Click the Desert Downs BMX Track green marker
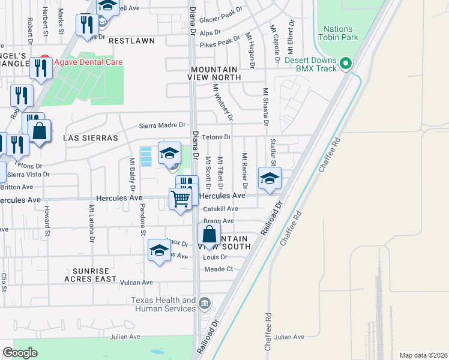[x=345, y=63]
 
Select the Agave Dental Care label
[x=88, y=62]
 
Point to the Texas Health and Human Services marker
[x=205, y=302]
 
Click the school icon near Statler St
[x=270, y=178]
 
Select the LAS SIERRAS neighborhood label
[x=91, y=138]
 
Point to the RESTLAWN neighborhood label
[x=131, y=41]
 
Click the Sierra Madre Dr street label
[x=160, y=125]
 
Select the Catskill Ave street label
[x=220, y=209]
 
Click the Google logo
[x=20, y=353]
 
